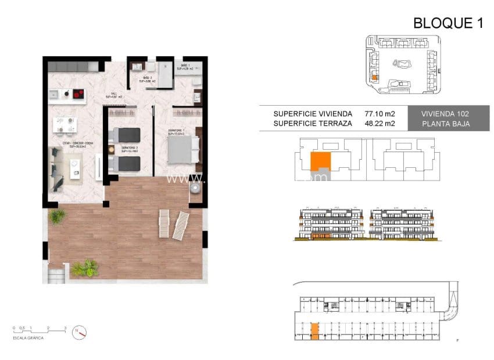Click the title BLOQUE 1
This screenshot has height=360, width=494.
[448, 23]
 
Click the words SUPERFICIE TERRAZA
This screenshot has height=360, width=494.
[312, 123]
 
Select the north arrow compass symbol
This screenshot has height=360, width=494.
[80, 333]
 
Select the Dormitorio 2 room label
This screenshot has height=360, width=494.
[129, 149]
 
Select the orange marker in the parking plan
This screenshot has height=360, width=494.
[314, 331]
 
